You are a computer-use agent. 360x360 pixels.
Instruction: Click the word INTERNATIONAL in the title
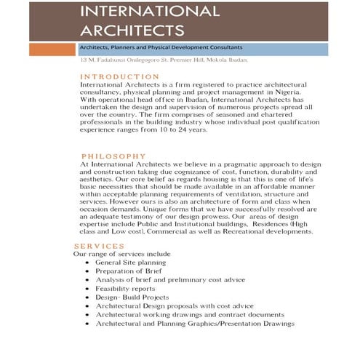click(x=149, y=11)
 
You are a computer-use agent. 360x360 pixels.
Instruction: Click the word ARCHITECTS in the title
click(x=132, y=31)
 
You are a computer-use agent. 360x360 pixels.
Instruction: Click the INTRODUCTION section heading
click(x=119, y=76)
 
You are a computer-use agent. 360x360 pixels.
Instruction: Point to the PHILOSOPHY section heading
click(x=113, y=156)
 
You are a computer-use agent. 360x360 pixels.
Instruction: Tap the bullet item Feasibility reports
click(x=125, y=288)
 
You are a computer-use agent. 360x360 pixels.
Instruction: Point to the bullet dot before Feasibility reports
click(x=87, y=289)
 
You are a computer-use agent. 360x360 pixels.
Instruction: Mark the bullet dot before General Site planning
click(x=87, y=263)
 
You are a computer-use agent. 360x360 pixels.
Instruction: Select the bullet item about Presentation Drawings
click(x=195, y=323)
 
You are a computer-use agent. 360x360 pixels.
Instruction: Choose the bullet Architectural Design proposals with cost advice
click(x=175, y=305)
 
